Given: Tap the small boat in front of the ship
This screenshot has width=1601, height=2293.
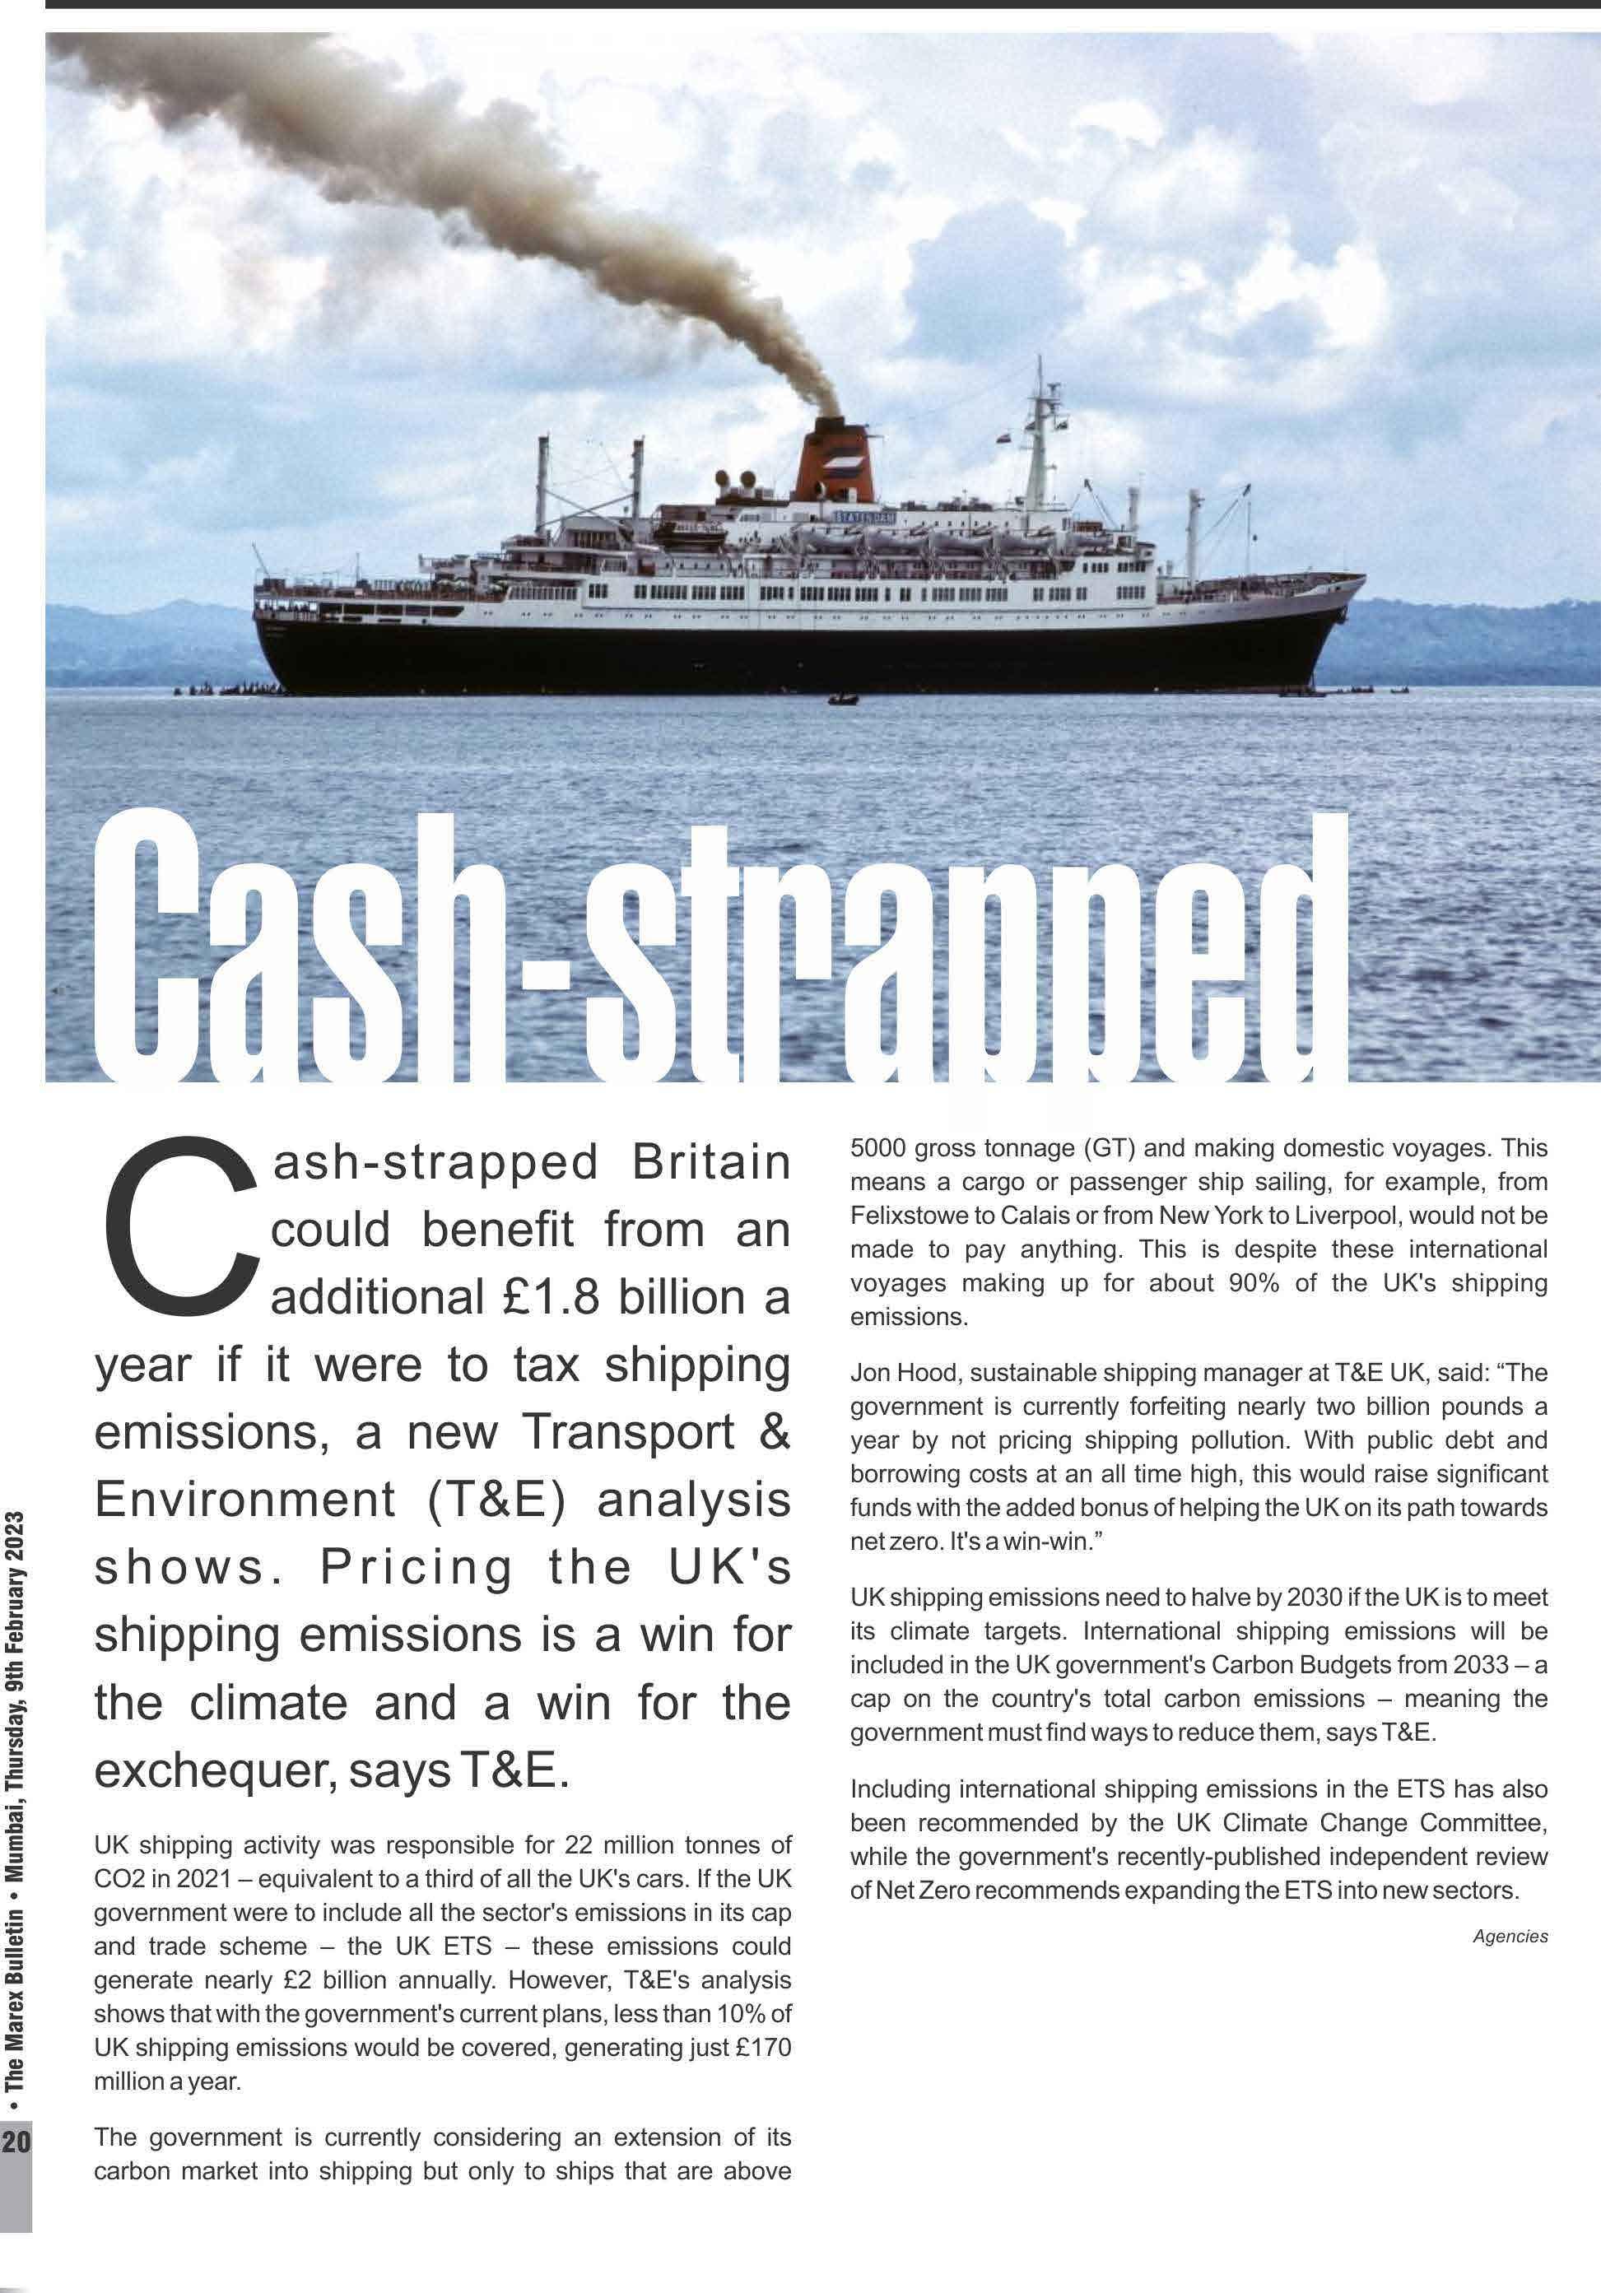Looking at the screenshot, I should point(843,700).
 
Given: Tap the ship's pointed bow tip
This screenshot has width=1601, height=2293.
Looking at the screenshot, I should point(1362,576).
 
